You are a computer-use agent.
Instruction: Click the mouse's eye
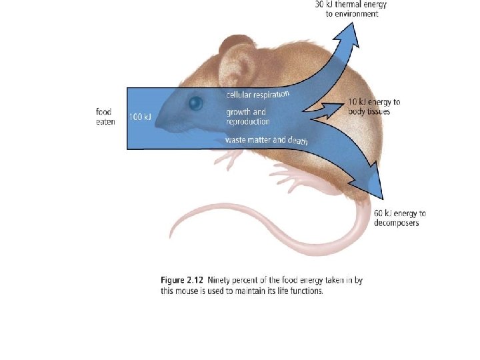point(195,103)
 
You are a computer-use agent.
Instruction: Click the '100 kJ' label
point(140,117)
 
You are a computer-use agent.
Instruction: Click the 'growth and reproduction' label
point(248,117)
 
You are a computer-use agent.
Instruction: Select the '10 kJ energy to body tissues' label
point(374,107)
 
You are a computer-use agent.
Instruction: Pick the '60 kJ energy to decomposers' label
point(399,218)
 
